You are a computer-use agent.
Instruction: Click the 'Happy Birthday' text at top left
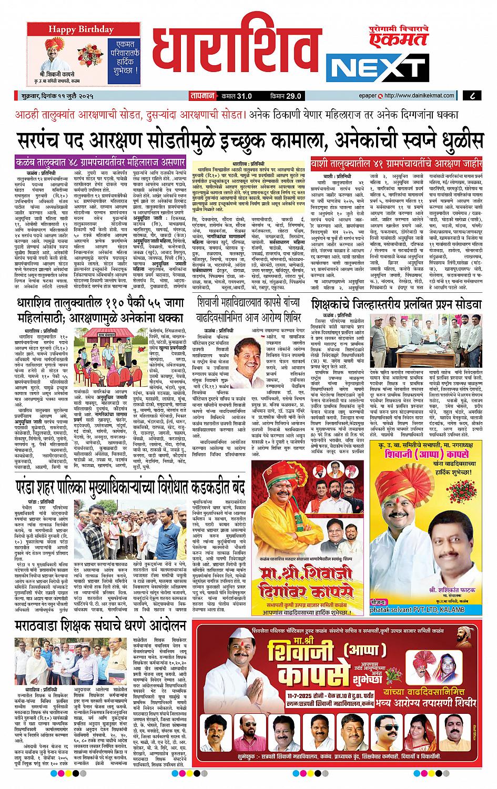(x=77, y=29)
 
